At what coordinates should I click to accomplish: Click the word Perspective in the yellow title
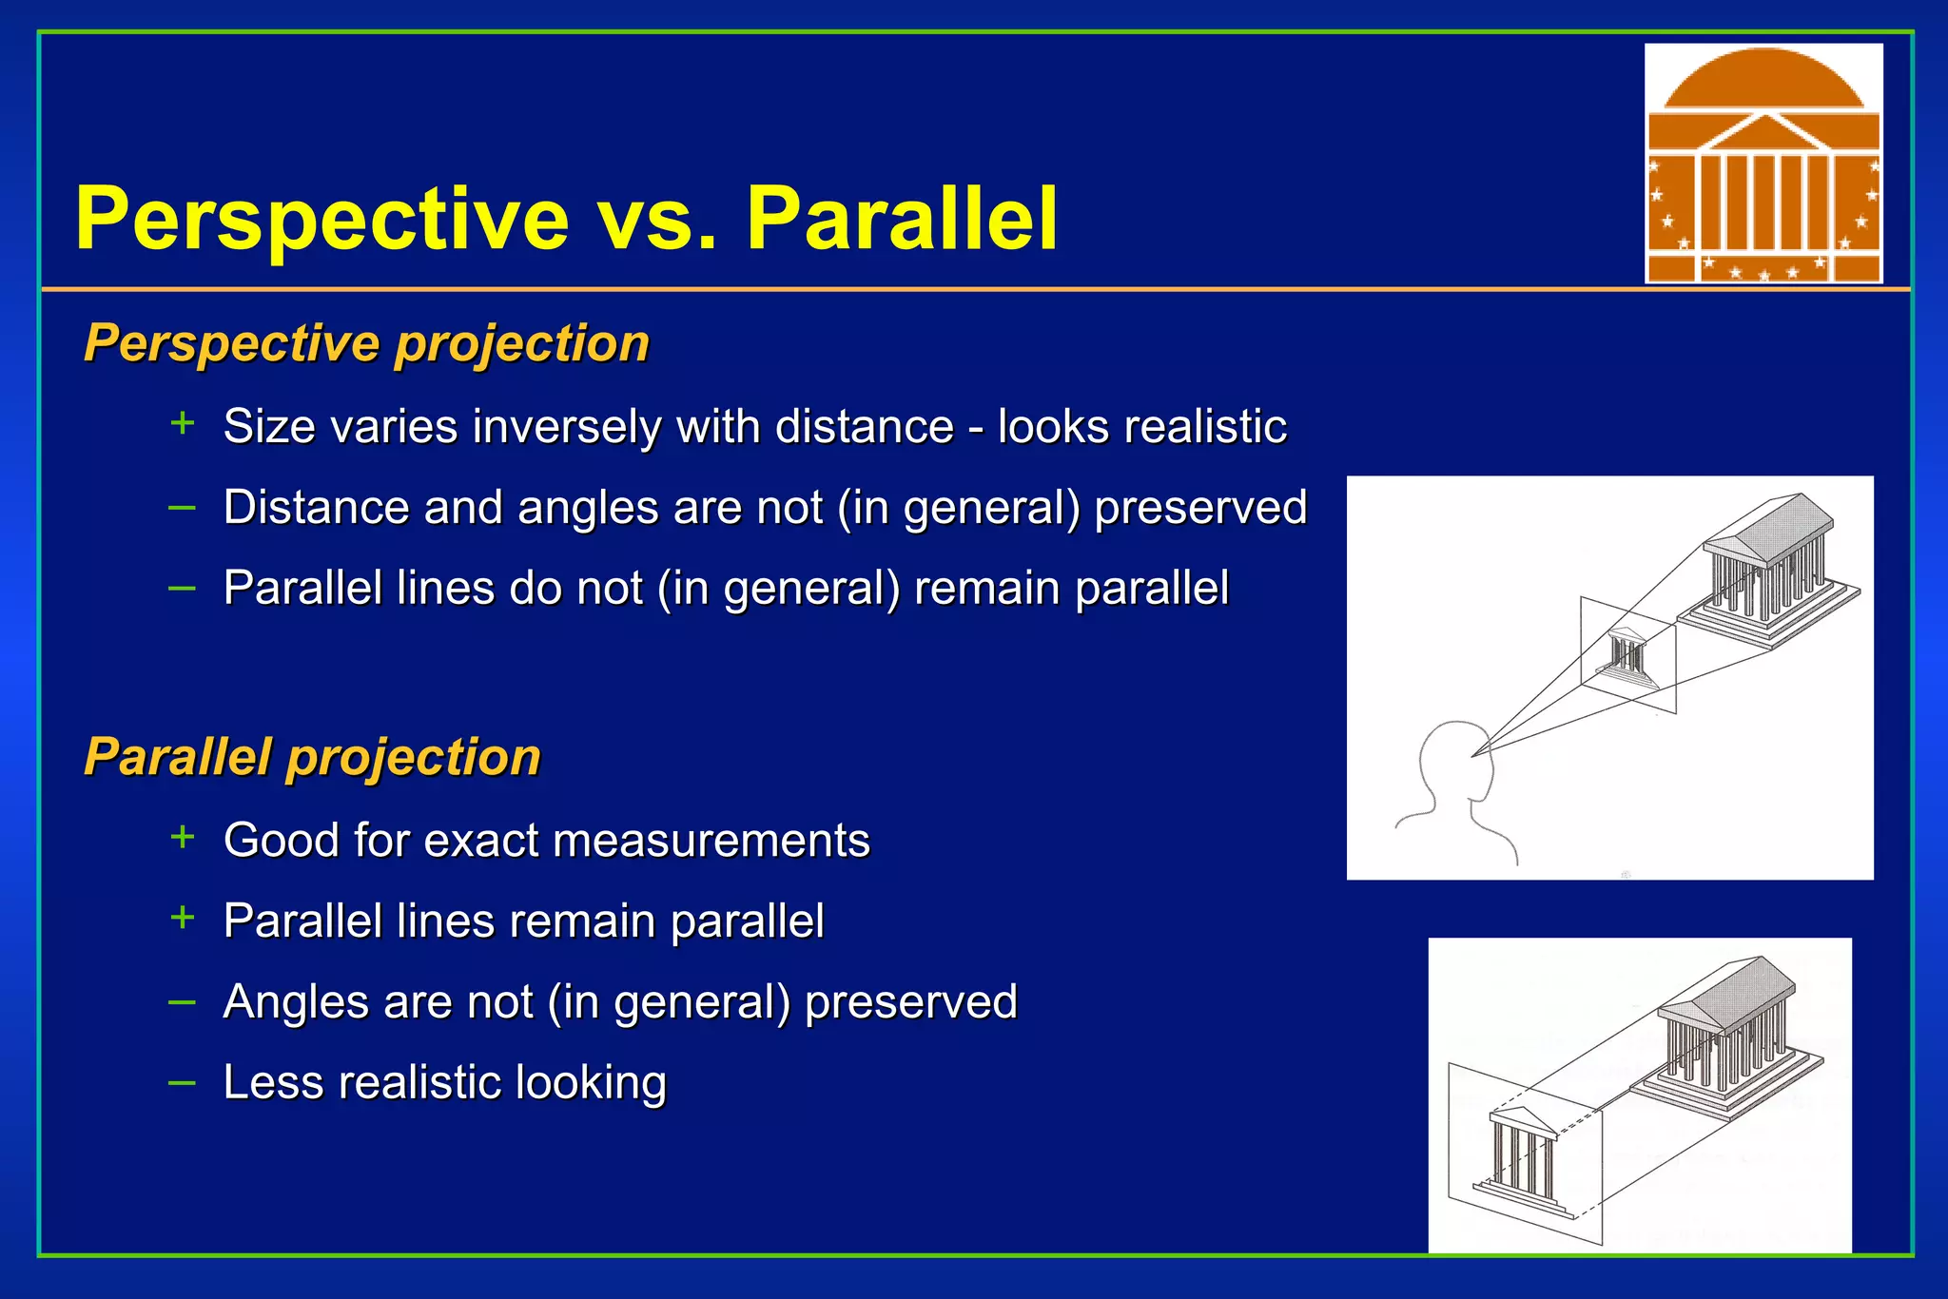(x=321, y=221)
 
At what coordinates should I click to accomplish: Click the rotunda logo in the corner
(x=1763, y=164)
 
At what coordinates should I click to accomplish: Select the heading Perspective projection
(x=366, y=343)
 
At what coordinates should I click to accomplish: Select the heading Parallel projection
(x=312, y=758)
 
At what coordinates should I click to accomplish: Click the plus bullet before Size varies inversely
(x=182, y=423)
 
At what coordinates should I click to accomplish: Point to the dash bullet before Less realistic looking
(x=182, y=1082)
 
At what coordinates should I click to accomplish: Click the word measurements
(x=711, y=841)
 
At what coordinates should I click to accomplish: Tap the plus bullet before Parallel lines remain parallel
(x=182, y=918)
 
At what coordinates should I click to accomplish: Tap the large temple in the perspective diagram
(x=1767, y=571)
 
